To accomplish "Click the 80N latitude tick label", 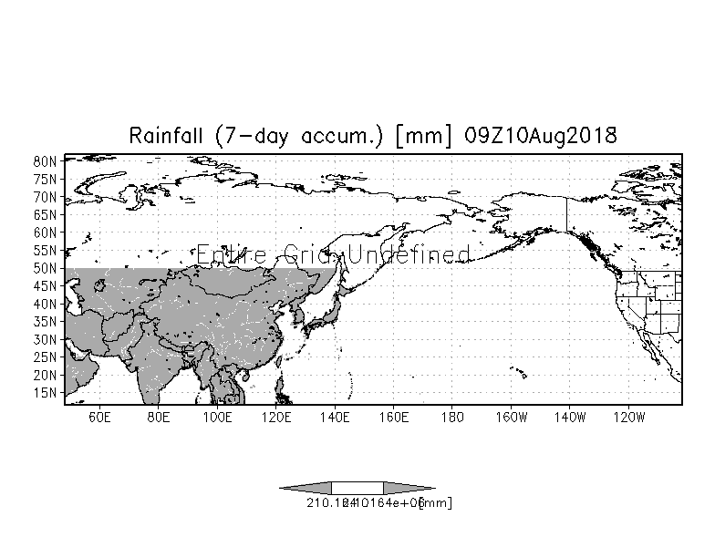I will tap(47, 161).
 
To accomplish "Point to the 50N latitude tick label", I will tap(47, 268).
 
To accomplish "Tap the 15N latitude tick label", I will tap(47, 393).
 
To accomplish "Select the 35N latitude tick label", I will tap(47, 322).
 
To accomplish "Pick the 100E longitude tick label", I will tap(217, 418).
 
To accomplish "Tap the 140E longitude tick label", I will tap(335, 418).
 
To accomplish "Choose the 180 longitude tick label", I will tap(451, 418).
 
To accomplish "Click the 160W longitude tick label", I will tap(511, 418).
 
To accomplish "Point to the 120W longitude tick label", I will tap(629, 418).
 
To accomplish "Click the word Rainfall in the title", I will tap(168, 136).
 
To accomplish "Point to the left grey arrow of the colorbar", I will tap(306, 488).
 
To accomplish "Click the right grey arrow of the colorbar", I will tap(409, 488).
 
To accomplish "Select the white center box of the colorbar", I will tap(357, 488).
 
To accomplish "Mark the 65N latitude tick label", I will tap(47, 215).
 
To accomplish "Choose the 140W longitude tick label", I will tap(570, 418).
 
